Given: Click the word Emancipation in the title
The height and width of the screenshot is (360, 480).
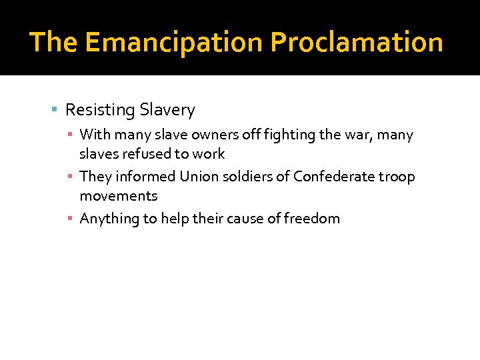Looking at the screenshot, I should pos(174,42).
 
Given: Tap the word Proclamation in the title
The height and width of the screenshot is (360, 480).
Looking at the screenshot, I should pos(357,42).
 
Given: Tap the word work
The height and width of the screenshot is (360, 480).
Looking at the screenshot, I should pos(209,154).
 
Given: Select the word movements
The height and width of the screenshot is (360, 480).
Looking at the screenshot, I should pos(119,196).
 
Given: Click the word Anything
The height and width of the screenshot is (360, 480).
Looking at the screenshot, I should pos(107,219).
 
